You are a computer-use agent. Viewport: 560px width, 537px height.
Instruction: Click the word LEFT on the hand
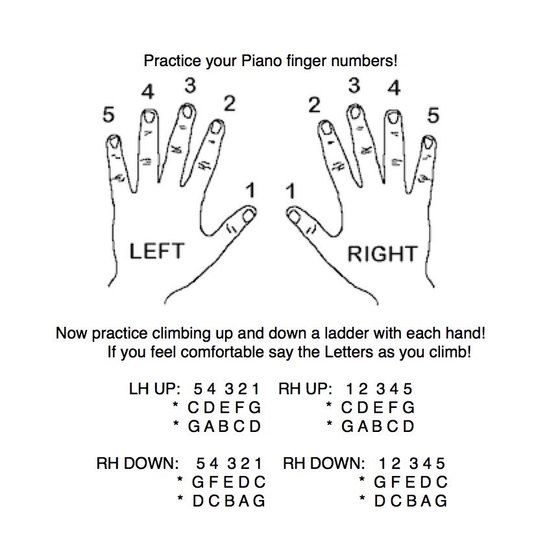click(x=157, y=251)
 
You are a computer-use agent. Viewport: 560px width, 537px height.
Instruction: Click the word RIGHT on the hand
click(x=382, y=254)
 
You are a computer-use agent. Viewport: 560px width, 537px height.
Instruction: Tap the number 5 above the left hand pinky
click(x=109, y=115)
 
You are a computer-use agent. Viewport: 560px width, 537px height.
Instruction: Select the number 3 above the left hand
click(x=189, y=86)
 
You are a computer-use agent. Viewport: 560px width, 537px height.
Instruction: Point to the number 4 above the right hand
click(x=394, y=88)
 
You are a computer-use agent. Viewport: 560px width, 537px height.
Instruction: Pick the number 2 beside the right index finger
click(x=314, y=106)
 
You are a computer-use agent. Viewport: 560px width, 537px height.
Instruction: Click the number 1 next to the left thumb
click(x=250, y=191)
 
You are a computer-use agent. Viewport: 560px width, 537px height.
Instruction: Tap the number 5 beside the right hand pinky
click(x=433, y=116)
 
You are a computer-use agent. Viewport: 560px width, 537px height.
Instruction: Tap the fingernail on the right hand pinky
click(x=428, y=145)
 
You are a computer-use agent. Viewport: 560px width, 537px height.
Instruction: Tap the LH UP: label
click(x=154, y=390)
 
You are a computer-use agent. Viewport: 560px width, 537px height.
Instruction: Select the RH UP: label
click(x=305, y=390)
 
